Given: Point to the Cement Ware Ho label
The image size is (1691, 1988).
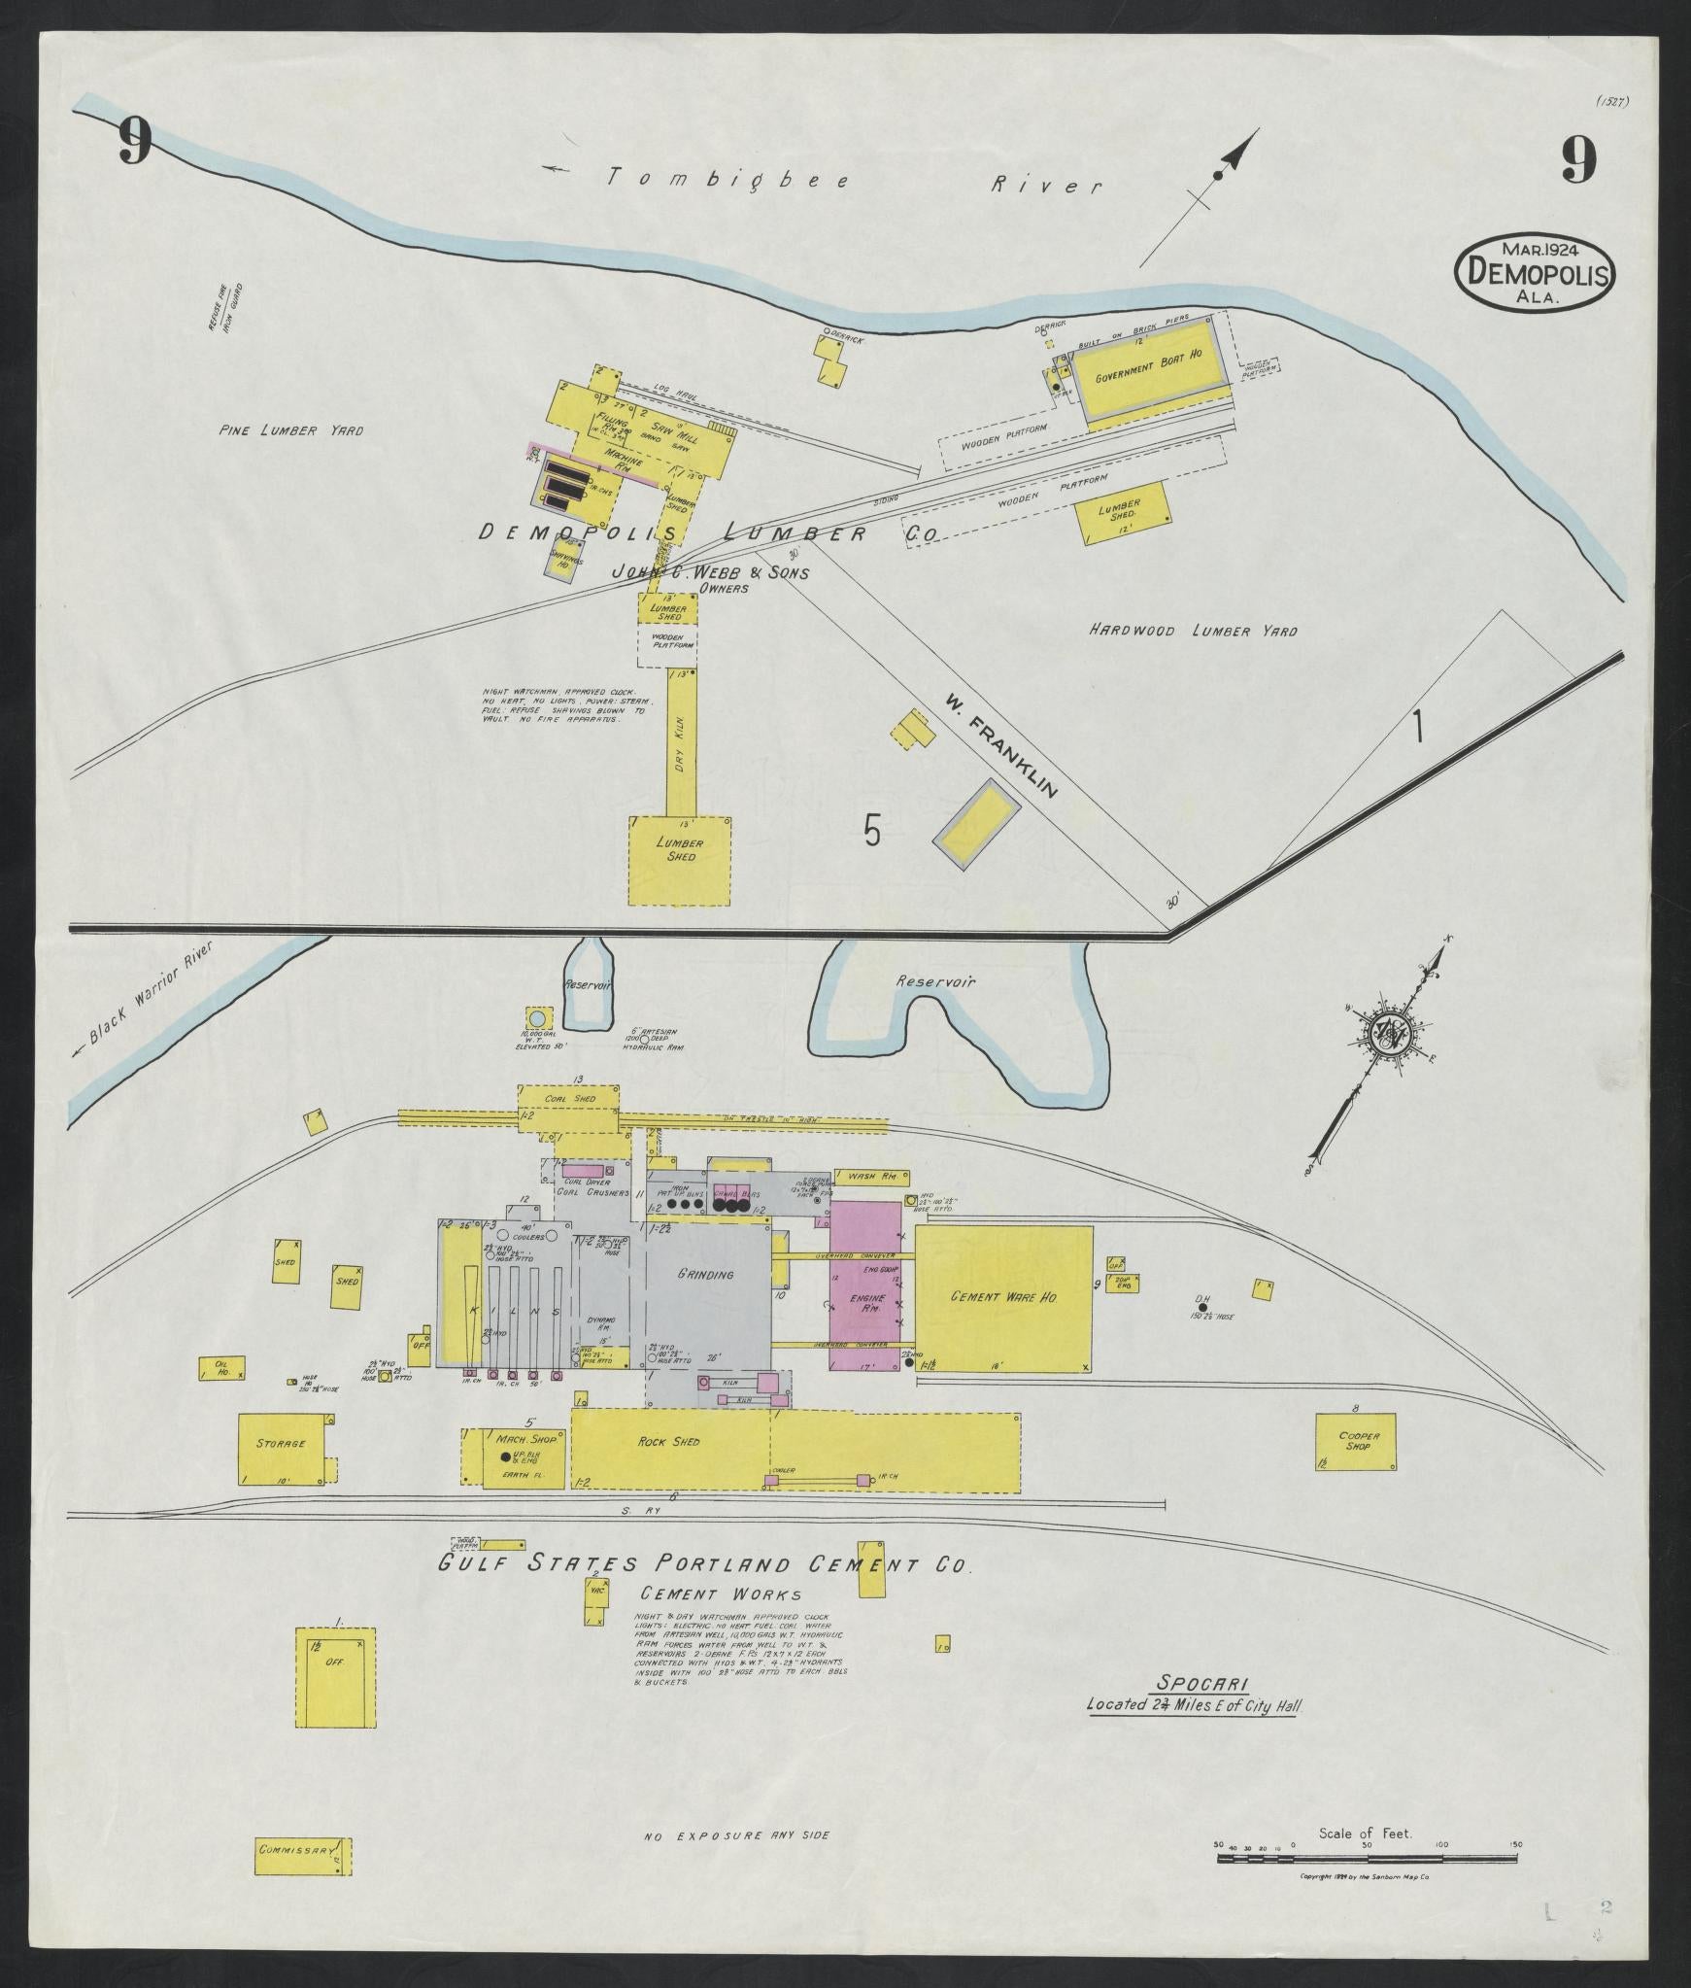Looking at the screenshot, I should click(x=1003, y=1297).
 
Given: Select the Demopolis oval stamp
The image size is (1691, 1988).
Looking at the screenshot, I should click(x=1534, y=273).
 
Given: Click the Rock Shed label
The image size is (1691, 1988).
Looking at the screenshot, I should click(x=670, y=1441).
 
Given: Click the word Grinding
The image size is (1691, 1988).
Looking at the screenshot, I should click(x=705, y=1274).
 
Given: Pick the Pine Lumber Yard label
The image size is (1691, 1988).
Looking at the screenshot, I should click(x=291, y=430).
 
